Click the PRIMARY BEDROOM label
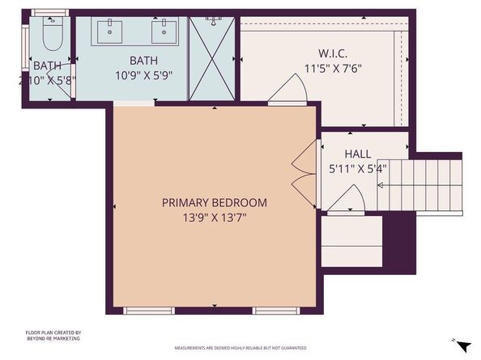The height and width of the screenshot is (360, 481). click(214, 202)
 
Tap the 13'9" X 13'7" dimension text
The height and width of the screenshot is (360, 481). click(214, 218)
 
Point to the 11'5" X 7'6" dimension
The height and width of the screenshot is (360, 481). click(332, 68)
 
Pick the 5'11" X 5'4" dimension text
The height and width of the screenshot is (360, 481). click(357, 170)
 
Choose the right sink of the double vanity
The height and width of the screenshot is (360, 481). click(166, 33)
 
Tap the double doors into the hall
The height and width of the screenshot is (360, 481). click(305, 167)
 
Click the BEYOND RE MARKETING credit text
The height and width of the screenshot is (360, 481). click(53, 339)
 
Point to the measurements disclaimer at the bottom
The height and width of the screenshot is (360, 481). click(240, 348)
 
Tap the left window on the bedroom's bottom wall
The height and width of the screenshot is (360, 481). click(151, 310)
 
